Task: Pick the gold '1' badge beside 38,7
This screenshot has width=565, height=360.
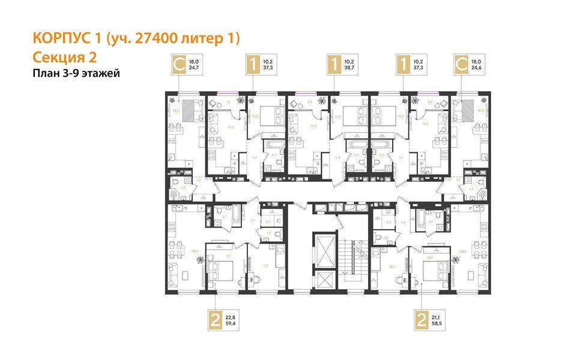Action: [333, 65]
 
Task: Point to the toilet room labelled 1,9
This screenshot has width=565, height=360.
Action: [269, 232]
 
